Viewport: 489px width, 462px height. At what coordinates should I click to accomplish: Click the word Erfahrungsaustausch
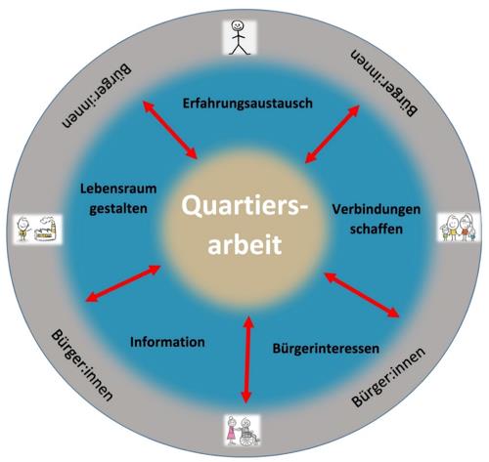pyautogui.click(x=247, y=104)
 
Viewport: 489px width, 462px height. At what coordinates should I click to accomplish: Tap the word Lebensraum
pyautogui.click(x=118, y=189)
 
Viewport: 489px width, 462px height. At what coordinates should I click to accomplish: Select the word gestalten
pyautogui.click(x=118, y=209)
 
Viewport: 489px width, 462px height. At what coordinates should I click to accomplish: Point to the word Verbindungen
pyautogui.click(x=377, y=209)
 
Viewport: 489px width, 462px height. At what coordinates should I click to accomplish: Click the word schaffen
pyautogui.click(x=377, y=229)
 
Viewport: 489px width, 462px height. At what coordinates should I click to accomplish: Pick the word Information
pyautogui.click(x=167, y=342)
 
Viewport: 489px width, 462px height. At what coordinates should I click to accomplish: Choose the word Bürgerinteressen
pyautogui.click(x=326, y=349)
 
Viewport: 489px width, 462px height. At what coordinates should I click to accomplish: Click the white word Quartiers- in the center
pyautogui.click(x=244, y=206)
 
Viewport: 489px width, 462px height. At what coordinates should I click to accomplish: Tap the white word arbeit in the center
pyautogui.click(x=244, y=244)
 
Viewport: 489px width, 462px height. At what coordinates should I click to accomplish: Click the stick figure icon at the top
pyautogui.click(x=240, y=37)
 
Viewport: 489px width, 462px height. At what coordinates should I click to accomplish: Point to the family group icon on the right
pyautogui.click(x=459, y=228)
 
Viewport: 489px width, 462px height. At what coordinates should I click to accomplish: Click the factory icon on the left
pyautogui.click(x=46, y=229)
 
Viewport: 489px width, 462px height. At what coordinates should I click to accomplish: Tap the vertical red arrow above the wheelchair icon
pyautogui.click(x=247, y=359)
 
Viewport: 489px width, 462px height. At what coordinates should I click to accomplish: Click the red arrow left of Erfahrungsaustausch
pyautogui.click(x=170, y=130)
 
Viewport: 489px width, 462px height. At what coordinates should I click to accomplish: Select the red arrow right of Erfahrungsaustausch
pyautogui.click(x=333, y=134)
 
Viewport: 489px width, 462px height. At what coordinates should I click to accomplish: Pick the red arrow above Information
pyautogui.click(x=122, y=283)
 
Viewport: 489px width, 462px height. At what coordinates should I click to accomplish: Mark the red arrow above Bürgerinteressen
pyautogui.click(x=362, y=295)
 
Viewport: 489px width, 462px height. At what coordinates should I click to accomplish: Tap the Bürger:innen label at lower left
pyautogui.click(x=82, y=365)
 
